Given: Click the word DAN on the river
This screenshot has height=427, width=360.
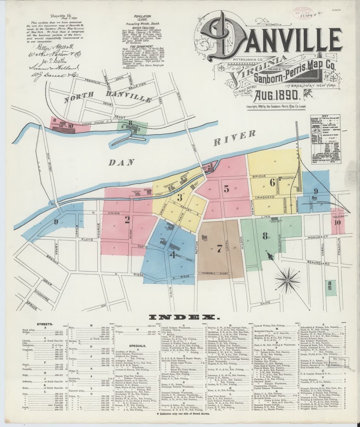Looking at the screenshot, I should point(121,163).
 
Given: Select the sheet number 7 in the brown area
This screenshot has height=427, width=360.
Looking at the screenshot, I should point(219,247).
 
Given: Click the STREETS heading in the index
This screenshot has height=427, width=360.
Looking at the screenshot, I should point(45,325).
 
